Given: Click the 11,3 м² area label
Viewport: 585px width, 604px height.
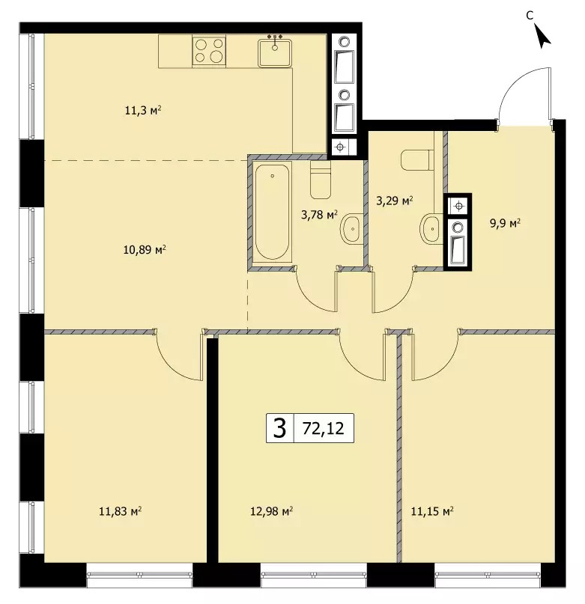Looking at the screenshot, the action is tap(142, 111).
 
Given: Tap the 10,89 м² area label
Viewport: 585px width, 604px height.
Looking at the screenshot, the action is tap(145, 250).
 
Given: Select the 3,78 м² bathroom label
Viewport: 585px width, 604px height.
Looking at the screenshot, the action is tap(319, 214).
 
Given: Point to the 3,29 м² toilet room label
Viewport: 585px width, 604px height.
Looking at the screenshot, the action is tap(395, 201).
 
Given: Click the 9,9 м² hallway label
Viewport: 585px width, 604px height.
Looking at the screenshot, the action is tap(505, 223).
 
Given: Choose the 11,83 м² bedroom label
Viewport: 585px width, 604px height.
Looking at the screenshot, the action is tap(120, 511).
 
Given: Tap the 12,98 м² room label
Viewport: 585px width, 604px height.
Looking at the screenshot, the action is tap(271, 511).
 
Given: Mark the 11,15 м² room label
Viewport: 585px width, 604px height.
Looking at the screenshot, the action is tap(432, 511).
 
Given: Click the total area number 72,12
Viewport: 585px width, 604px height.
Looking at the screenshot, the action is tap(323, 428).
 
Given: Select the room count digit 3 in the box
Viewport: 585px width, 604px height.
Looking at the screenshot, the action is tap(279, 428).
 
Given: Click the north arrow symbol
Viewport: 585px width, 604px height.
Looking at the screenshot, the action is tap(542, 36).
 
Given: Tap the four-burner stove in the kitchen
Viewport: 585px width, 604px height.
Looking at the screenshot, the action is tap(209, 51).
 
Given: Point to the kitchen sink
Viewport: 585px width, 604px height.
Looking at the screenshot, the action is tap(275, 52).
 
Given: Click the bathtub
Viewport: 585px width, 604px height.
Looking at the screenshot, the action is tap(272, 212).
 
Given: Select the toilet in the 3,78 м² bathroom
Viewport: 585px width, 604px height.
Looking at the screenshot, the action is tap(321, 180).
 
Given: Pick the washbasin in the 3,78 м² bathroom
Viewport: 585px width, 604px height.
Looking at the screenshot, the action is tap(351, 228).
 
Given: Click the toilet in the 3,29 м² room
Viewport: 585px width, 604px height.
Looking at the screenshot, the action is tap(416, 161).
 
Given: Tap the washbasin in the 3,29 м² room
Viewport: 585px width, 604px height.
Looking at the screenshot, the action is tap(431, 229).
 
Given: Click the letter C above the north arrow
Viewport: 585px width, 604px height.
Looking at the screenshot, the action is tap(530, 15).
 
